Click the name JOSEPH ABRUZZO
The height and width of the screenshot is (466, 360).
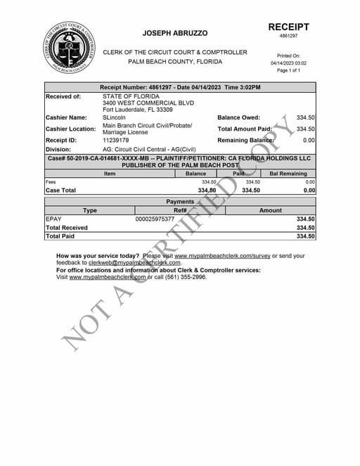[x=175, y=33]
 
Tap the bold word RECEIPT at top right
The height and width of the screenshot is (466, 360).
[x=288, y=26]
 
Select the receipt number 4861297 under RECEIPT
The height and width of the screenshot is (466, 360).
[x=288, y=36]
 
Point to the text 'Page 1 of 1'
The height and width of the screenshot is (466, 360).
[x=288, y=70]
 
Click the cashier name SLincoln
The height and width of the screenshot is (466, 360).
[x=115, y=117]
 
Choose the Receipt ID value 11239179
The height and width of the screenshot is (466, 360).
[x=116, y=141]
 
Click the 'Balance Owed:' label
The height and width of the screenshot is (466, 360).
[x=238, y=117]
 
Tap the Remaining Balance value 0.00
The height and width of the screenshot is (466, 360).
[x=309, y=141]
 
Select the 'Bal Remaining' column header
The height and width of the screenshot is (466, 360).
[x=283, y=174]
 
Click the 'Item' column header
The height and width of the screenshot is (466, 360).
[x=110, y=174]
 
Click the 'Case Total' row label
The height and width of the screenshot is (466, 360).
[x=60, y=190]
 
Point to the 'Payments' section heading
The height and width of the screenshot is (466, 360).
[x=180, y=202]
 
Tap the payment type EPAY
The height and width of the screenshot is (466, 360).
[x=53, y=219]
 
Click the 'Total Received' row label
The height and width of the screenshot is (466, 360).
[x=67, y=228]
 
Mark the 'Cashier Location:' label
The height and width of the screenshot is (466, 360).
[x=70, y=129]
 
